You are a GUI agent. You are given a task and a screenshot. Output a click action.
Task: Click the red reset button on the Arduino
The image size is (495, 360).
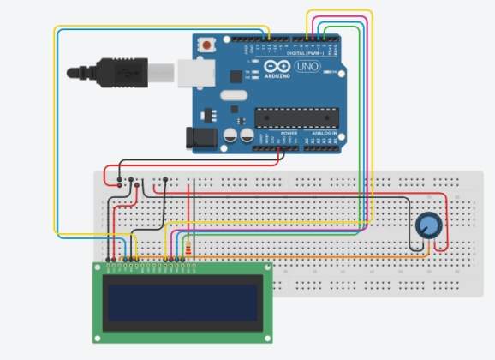206,44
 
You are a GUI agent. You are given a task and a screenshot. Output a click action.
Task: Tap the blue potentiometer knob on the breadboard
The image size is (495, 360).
427,225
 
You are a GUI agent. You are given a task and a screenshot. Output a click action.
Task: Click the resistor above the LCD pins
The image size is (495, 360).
188,249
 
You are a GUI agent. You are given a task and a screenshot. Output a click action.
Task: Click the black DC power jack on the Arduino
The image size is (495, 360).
201,135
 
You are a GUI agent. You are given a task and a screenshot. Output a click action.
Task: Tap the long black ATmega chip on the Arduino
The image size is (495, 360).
292,117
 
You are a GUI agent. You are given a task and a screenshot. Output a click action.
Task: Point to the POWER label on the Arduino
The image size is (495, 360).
289,134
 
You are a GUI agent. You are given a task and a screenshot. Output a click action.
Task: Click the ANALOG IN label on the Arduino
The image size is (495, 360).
324,134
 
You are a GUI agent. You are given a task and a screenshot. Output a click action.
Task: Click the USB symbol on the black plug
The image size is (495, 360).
128,73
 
